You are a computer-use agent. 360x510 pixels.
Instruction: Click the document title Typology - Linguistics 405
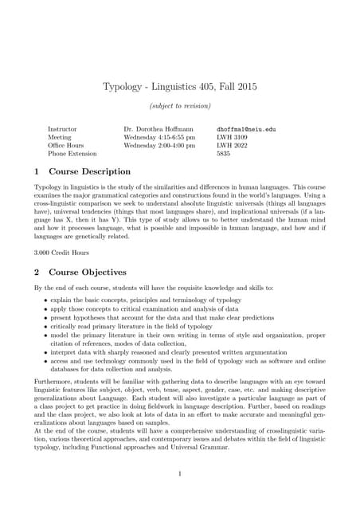tap(180, 86)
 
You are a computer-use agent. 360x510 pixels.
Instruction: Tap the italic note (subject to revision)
tap(180, 106)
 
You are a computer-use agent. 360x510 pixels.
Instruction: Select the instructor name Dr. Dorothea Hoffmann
tap(158, 127)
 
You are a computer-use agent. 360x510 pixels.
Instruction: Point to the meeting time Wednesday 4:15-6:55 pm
tap(159, 136)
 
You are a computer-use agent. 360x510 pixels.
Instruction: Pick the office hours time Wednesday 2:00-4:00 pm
tap(159, 145)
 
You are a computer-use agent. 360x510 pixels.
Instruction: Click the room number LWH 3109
tap(233, 136)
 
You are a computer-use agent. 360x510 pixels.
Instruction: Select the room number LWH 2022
tap(233, 145)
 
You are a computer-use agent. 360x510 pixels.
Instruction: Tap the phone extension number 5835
tap(223, 154)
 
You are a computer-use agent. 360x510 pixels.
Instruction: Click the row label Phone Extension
tap(72, 154)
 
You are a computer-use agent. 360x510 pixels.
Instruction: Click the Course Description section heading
tap(89, 171)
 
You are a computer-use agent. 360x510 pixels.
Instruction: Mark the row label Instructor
tap(63, 127)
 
